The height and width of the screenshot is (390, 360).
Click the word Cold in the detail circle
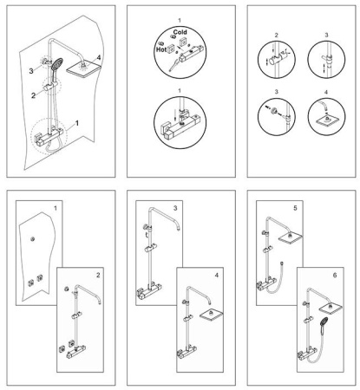180,32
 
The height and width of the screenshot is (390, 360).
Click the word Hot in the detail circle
161,49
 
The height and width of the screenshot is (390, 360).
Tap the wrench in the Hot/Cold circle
173,65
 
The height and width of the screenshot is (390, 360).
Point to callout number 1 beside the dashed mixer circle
77,123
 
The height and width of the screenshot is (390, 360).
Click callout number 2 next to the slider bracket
33,95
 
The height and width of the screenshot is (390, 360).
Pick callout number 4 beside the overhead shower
99,57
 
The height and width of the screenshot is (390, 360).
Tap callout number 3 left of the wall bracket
31,71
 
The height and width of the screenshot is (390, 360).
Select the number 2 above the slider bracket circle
276,36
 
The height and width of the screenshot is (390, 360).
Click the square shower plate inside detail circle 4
327,121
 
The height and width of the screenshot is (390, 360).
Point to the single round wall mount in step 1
33,239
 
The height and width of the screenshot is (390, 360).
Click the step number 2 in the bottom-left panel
98,275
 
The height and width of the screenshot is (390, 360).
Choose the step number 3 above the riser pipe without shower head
175,208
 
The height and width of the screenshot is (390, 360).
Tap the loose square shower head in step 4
211,315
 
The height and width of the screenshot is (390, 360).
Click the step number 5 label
295,208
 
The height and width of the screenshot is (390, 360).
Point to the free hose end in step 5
281,263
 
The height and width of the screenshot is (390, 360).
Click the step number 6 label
335,275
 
